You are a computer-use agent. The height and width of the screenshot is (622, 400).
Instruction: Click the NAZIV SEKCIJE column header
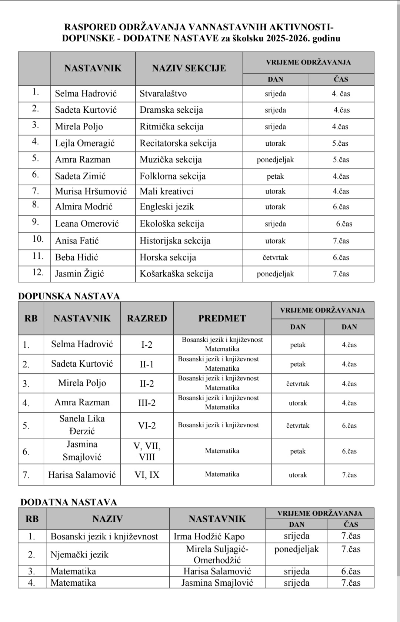(x=189, y=68)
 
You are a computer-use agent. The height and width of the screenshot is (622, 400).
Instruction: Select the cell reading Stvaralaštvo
(x=163, y=94)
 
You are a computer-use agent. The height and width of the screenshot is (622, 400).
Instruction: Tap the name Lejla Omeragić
(x=85, y=143)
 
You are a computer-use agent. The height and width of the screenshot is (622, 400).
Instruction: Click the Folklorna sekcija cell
(x=173, y=176)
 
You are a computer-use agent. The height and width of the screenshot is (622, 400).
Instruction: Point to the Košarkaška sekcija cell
(x=176, y=274)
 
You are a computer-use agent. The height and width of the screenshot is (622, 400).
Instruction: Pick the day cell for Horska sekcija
(x=275, y=258)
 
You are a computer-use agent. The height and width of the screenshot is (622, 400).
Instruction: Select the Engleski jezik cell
(x=167, y=207)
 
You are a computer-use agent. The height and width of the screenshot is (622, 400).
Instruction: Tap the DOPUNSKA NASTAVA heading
(x=69, y=296)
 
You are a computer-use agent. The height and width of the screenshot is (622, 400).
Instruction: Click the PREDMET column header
(x=222, y=318)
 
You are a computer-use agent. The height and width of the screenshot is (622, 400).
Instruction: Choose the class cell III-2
(x=147, y=403)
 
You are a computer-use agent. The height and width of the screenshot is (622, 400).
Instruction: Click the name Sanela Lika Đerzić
(x=82, y=425)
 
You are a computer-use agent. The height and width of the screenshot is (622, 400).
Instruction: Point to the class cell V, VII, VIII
(x=147, y=451)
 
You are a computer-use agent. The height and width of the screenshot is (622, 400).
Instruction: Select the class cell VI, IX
(x=147, y=475)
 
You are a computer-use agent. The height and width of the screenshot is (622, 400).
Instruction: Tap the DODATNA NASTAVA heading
(x=69, y=502)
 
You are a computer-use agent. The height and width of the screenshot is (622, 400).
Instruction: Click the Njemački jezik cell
(x=79, y=555)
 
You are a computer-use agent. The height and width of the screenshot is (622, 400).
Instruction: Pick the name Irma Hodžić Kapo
(x=209, y=536)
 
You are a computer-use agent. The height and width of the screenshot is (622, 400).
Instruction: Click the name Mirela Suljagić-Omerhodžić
(x=217, y=555)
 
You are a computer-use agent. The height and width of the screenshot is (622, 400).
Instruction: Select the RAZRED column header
(x=147, y=318)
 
